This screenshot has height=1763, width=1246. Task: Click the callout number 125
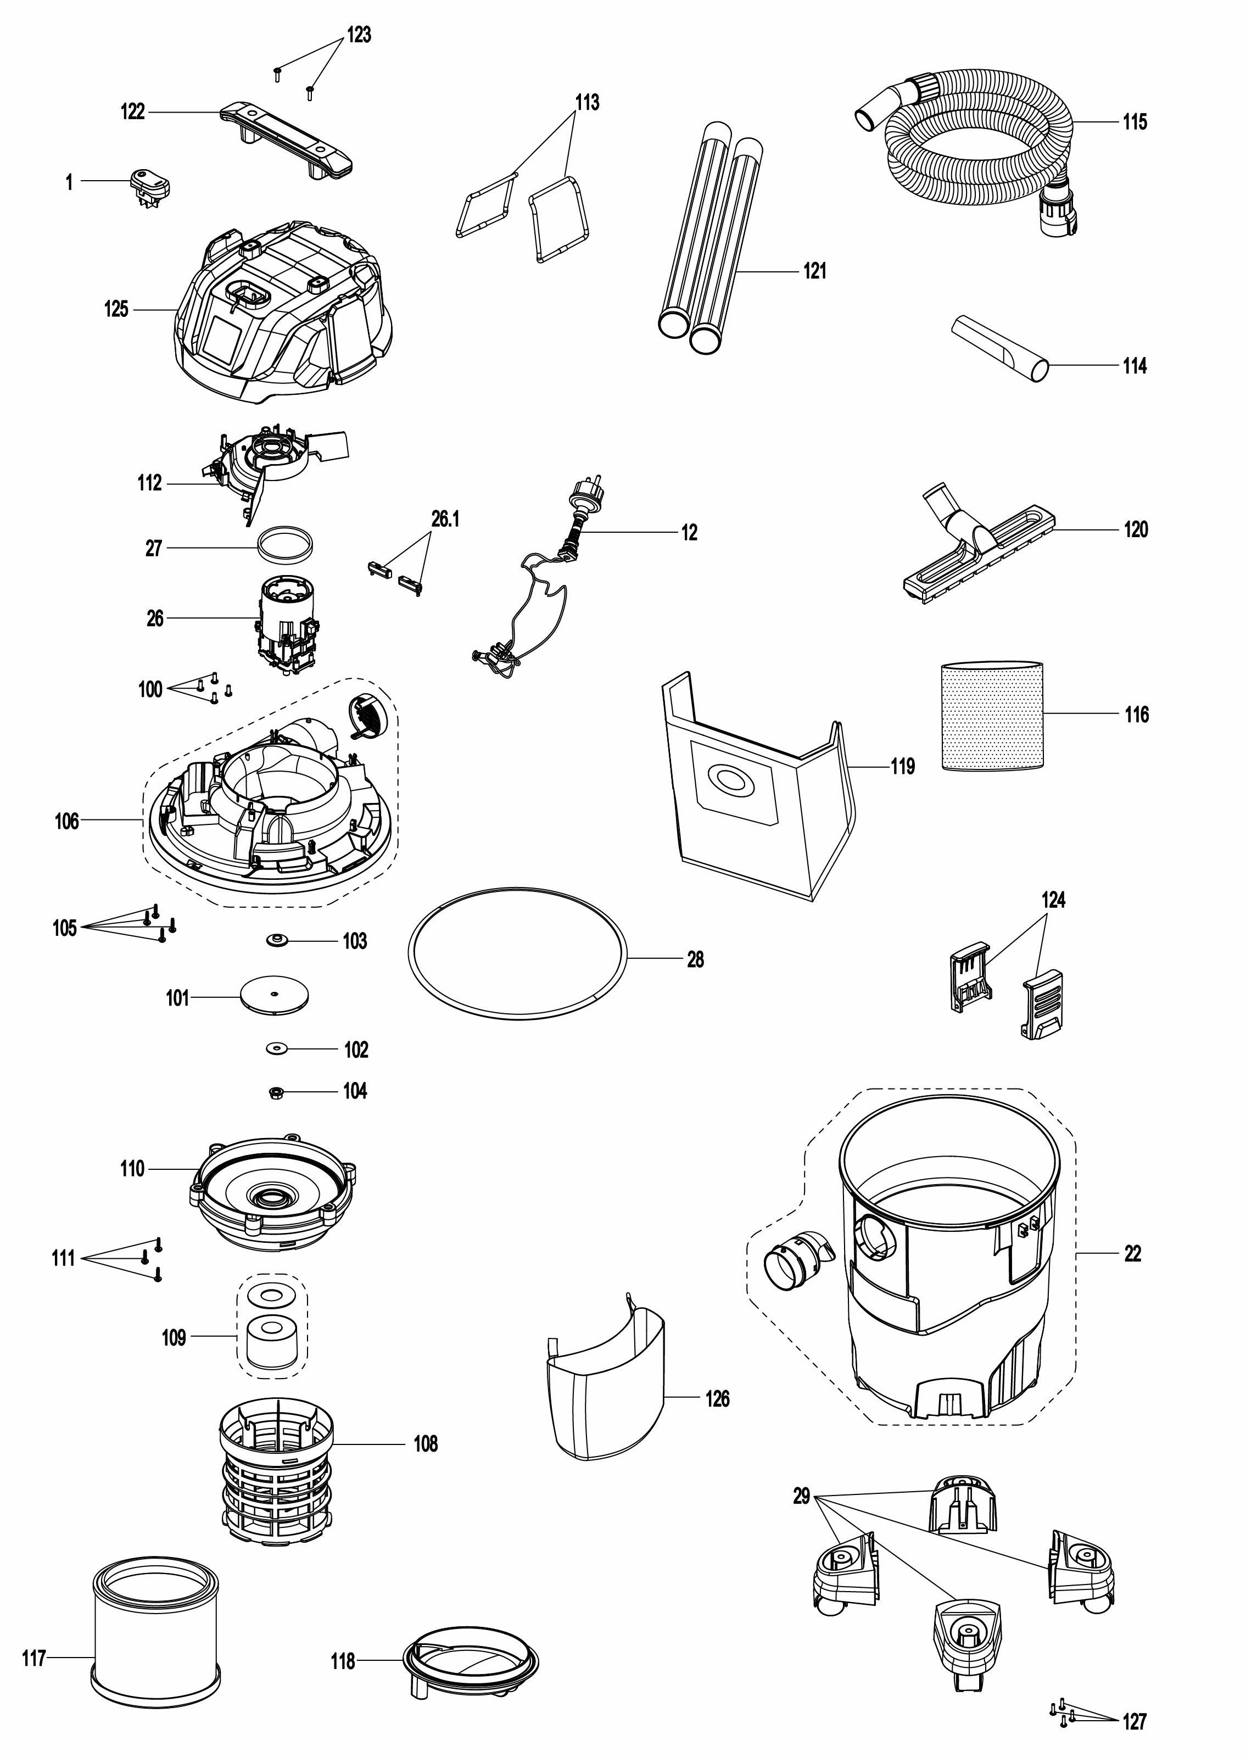(x=116, y=309)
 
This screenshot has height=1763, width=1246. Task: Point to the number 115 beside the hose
(x=1134, y=122)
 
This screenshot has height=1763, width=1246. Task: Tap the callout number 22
(x=1132, y=1254)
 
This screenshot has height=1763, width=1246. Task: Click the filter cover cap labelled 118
(x=470, y=1659)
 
